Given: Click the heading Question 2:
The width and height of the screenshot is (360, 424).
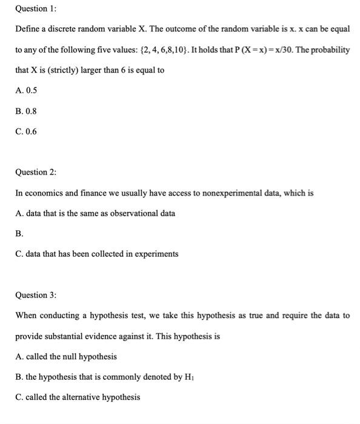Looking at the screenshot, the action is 36,172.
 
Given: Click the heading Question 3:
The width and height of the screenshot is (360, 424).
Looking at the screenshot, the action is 36,295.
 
